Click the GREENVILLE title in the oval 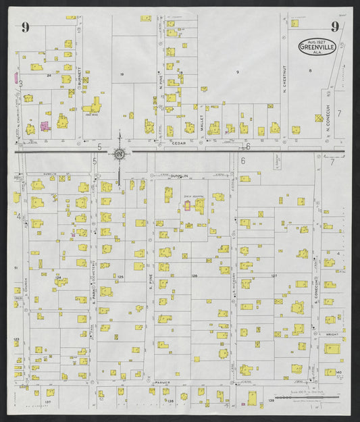point(317,47)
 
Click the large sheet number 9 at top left point(25,27)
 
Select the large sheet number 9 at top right point(334,27)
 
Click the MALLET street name point(201,123)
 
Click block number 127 point(274,275)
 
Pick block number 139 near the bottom point(270,401)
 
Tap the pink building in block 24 point(45,126)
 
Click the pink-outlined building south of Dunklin point(187,205)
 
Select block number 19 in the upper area point(122,74)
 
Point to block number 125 point(120,277)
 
